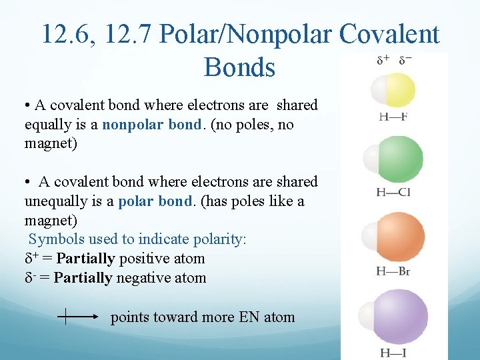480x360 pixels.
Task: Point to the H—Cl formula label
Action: [393, 193]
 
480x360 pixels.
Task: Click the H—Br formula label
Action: [393, 271]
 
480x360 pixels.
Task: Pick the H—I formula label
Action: [393, 352]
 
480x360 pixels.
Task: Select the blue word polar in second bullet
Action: [137, 201]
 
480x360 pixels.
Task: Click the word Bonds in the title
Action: [240, 67]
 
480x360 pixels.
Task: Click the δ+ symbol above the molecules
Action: [383, 59]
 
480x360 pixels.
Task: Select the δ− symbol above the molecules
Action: [405, 59]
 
